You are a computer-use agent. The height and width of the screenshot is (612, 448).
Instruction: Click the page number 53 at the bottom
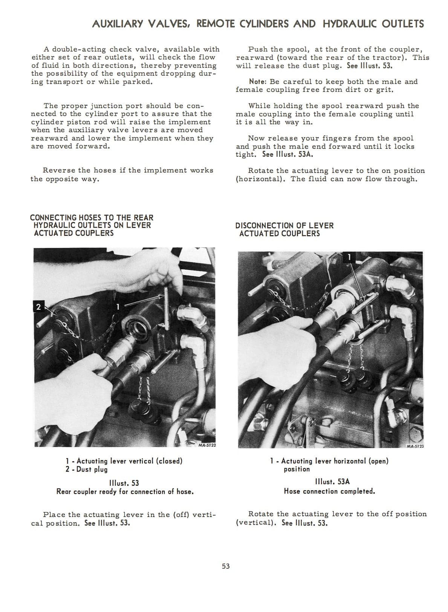coord(226,566)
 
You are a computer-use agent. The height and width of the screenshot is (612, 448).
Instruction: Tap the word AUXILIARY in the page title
coord(117,24)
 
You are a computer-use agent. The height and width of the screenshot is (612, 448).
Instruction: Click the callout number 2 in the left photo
coord(37,306)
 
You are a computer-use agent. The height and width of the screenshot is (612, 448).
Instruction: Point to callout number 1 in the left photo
coord(118,306)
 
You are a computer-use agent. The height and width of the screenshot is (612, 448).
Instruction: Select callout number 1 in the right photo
coord(349,257)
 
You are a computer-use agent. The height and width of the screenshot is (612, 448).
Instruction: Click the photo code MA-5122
coord(206,446)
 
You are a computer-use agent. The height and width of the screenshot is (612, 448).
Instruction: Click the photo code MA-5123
coord(415,446)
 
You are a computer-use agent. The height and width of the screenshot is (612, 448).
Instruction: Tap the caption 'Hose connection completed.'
coord(329,491)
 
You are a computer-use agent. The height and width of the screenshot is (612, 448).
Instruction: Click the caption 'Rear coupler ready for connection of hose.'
coord(125,491)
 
